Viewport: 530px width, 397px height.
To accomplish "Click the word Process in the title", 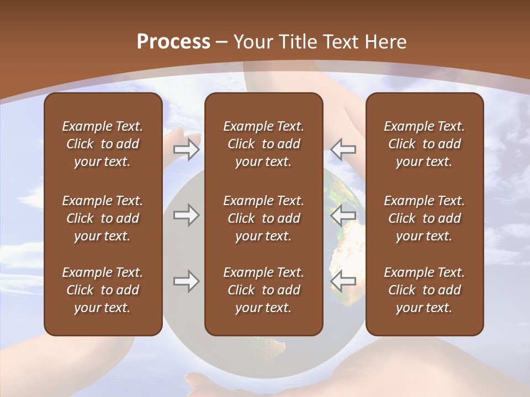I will coord(173,42).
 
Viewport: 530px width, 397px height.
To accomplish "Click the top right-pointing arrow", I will coord(186,149).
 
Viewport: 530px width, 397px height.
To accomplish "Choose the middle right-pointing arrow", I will coord(186,215).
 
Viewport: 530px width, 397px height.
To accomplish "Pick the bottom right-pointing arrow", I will coord(186,281).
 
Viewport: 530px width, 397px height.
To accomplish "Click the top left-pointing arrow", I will coord(343,149).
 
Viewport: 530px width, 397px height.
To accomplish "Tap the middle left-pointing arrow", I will coord(343,215).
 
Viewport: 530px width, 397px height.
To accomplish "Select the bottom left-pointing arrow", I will coord(343,281).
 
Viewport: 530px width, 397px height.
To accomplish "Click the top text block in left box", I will coord(103,144).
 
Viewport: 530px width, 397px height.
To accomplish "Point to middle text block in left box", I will coord(103,218).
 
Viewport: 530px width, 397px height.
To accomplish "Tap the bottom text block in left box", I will coord(103,290).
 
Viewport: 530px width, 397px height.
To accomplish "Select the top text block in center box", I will coord(263,144).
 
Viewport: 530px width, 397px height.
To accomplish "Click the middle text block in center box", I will coord(263,218).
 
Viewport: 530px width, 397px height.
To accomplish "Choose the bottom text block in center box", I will coord(263,290).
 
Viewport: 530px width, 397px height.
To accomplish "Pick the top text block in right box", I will coord(424,144).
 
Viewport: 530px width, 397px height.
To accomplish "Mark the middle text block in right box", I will coord(424,218).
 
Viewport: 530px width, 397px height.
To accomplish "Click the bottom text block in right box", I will coord(424,290).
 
